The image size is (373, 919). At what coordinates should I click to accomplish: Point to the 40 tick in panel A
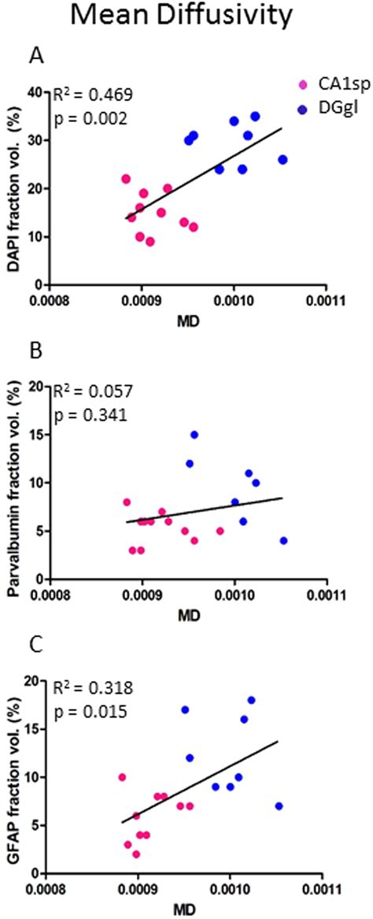point(33,93)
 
